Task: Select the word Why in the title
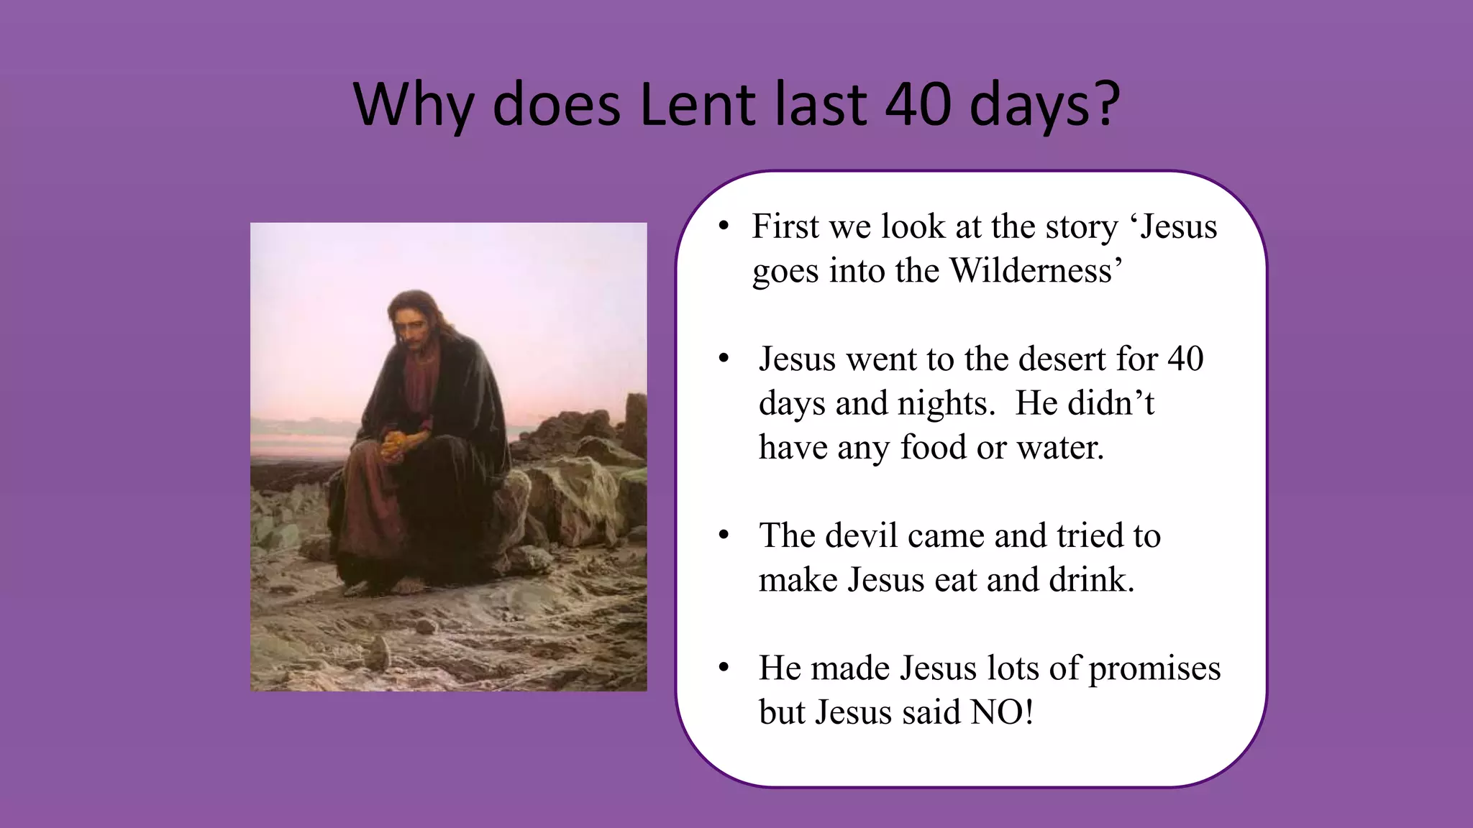pos(414,105)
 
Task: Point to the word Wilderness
pos(1031,271)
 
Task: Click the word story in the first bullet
pos(1082,227)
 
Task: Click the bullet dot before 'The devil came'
pos(724,536)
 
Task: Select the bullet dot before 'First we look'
pos(724,227)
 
